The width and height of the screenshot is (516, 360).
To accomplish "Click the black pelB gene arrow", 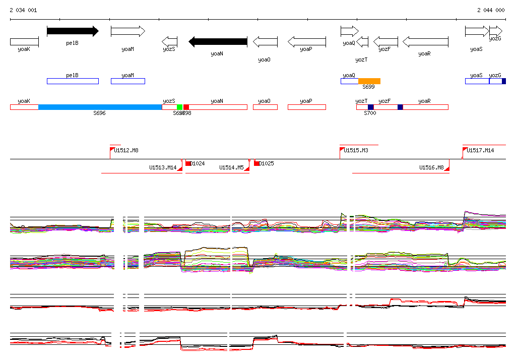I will (x=73, y=31).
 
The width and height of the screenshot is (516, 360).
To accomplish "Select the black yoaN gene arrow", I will (x=218, y=41).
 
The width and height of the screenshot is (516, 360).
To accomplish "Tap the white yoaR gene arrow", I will (x=425, y=41).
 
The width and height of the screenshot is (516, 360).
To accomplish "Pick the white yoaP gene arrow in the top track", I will (x=306, y=41).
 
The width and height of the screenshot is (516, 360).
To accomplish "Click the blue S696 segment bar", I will (x=100, y=107).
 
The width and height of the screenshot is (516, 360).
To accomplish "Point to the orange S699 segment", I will (x=369, y=81).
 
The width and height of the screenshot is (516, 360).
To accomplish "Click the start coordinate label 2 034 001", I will (x=23, y=10).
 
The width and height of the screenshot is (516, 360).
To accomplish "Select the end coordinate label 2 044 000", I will (x=491, y=10).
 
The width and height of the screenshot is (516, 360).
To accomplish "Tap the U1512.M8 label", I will (x=126, y=150).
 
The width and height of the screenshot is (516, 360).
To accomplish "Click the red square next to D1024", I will (x=188, y=163).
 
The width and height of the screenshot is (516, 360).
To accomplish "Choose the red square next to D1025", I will (x=256, y=163).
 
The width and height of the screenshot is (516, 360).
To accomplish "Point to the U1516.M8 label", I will (x=431, y=167).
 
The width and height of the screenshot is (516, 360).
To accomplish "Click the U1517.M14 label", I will (x=480, y=150).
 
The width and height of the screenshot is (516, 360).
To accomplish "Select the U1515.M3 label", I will (x=356, y=150).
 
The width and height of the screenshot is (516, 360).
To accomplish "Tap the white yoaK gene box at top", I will (x=24, y=41).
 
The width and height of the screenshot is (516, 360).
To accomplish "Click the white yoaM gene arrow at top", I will (x=127, y=31).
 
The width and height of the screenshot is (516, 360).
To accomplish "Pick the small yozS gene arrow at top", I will (x=169, y=41).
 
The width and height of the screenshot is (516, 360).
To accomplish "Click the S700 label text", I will (x=370, y=113).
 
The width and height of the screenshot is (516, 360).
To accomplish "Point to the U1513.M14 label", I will (x=163, y=167).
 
